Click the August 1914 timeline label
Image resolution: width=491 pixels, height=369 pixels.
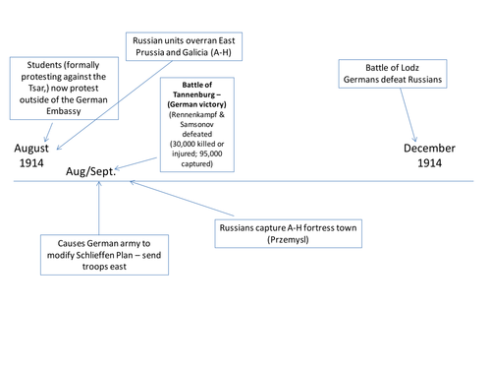click(33, 155)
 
